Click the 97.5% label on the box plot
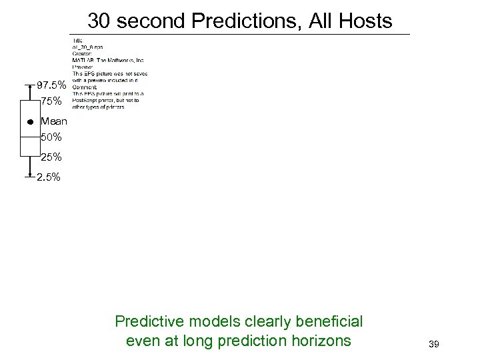click(x=51, y=86)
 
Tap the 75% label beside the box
click(x=51, y=102)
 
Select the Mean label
click(x=54, y=122)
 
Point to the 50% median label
click(x=51, y=137)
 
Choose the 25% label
click(x=51, y=158)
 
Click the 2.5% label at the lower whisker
click(x=49, y=177)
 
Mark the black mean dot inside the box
click(x=30, y=123)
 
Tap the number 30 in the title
click(x=99, y=21)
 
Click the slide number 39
click(x=433, y=344)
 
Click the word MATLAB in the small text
click(x=81, y=61)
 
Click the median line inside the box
click(x=30, y=137)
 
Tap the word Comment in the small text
click(x=84, y=87)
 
